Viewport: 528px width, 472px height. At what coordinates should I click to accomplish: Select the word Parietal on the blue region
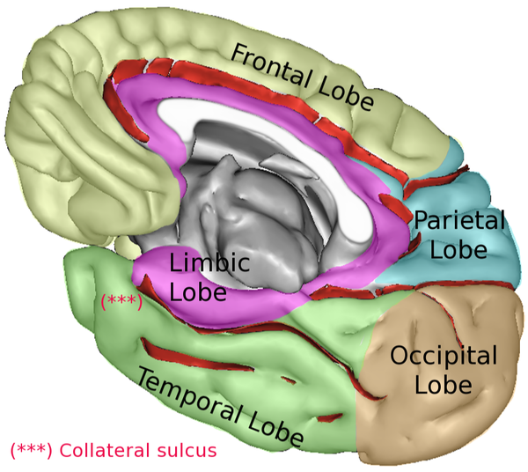coord(459,220)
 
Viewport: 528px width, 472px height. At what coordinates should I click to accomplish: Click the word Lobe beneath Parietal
coord(458,249)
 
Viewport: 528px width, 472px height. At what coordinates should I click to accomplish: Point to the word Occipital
coord(444,357)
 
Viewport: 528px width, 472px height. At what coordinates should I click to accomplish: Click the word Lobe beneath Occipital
coord(443,385)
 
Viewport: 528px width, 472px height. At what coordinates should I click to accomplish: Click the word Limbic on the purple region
coord(209,263)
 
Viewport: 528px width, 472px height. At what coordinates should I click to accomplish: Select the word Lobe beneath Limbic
coord(198,291)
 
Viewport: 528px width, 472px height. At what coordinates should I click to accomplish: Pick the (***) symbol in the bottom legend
coord(32,451)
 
